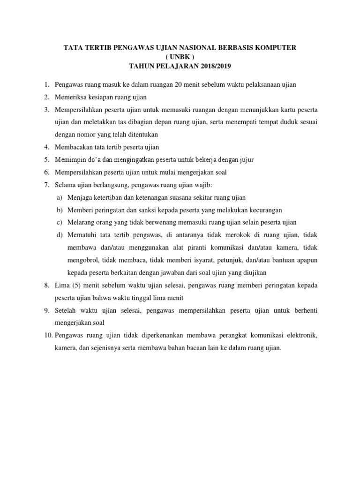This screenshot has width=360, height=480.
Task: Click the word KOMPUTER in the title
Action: [276, 48]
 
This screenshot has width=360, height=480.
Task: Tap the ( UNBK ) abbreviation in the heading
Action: [180, 57]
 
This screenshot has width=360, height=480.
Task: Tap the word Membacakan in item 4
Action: [75, 147]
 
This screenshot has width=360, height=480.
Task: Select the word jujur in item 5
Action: [246, 160]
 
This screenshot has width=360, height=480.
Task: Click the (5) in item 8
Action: [77, 285]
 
